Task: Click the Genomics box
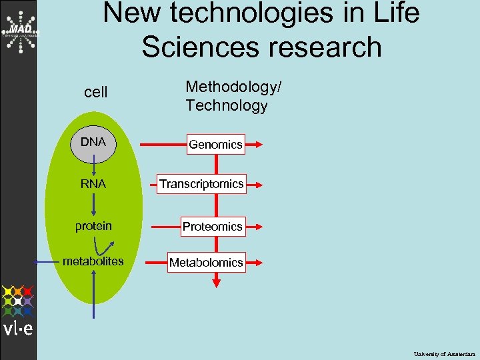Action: pyautogui.click(x=215, y=144)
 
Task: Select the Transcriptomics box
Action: pyautogui.click(x=201, y=184)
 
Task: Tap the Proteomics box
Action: pyautogui.click(x=213, y=227)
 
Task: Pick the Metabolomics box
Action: pyautogui.click(x=206, y=263)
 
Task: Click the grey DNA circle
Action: pyautogui.click(x=93, y=143)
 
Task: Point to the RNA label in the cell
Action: pyautogui.click(x=93, y=184)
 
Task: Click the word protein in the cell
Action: pyautogui.click(x=93, y=226)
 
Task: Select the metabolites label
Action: pyautogui.click(x=93, y=261)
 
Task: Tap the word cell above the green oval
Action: pyautogui.click(x=96, y=93)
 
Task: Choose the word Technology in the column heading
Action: pyautogui.click(x=227, y=105)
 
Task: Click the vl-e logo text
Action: pyautogui.click(x=18, y=328)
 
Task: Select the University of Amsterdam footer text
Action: pyautogui.click(x=445, y=353)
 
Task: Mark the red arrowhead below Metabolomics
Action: pyautogui.click(x=215, y=284)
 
